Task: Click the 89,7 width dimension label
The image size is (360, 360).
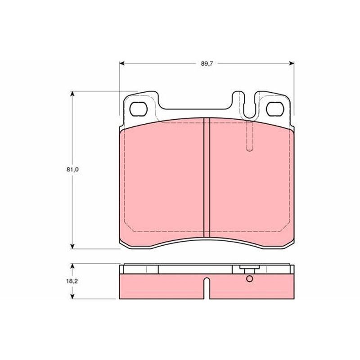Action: point(207,63)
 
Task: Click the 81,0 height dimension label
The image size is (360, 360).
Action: point(72,170)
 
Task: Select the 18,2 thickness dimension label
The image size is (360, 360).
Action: point(72,281)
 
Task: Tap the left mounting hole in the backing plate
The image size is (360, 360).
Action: point(138,109)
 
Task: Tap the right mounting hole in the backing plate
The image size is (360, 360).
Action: point(275,109)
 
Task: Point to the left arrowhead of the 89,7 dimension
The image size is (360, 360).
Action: point(122,63)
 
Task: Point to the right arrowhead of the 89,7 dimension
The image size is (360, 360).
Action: point(292,63)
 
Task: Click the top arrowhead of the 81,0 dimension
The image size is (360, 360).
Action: point(72,94)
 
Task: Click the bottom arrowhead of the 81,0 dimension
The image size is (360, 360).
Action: point(72,246)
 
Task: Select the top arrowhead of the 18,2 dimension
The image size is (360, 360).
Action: point(72,266)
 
